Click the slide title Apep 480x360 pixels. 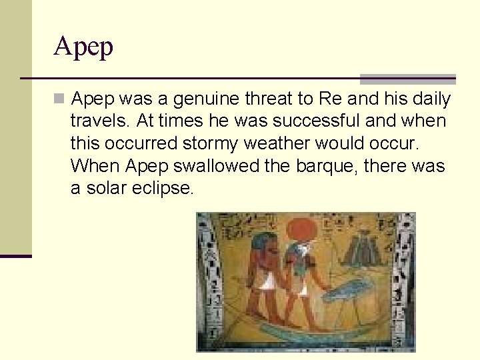pyautogui.click(x=84, y=47)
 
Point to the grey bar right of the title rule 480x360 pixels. pyautogui.click(x=407, y=79)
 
